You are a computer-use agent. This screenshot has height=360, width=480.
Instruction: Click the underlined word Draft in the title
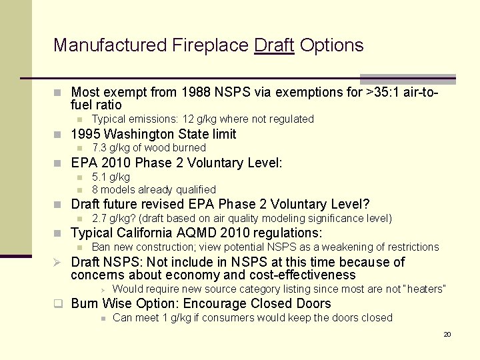274,45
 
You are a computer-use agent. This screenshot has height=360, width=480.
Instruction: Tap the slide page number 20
447,334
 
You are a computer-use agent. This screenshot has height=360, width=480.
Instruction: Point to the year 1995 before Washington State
85,134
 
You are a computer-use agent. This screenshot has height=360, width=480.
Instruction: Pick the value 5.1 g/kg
111,177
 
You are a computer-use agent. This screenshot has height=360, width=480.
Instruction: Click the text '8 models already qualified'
154,190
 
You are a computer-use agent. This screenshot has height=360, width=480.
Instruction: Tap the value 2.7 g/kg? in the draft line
113,219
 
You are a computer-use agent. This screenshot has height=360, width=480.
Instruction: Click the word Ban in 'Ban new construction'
101,247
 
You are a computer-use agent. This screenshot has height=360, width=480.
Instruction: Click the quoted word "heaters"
424,289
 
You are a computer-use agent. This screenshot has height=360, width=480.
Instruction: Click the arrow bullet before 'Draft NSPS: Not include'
59,262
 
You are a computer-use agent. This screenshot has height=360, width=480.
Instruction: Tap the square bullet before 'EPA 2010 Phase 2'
59,163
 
